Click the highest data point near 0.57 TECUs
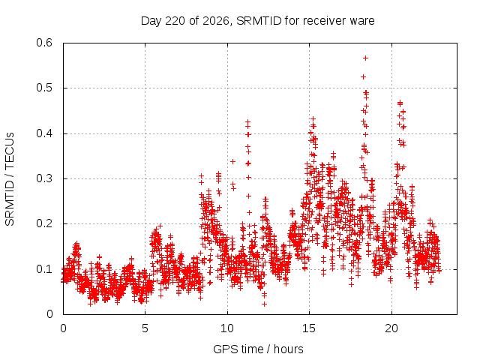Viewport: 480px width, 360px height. tap(365, 58)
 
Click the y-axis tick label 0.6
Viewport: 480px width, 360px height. tap(44, 43)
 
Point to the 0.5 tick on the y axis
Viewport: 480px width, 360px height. tap(44, 88)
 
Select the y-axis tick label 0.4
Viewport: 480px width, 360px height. tap(44, 133)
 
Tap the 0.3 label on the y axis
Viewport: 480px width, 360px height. tap(44, 178)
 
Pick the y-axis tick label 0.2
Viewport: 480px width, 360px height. tap(44, 223)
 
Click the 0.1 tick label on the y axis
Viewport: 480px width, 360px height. tap(44, 269)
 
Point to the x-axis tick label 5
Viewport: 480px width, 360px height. tap(145, 328)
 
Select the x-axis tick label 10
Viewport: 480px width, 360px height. tap(227, 328)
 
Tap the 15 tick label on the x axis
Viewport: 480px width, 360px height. tap(309, 328)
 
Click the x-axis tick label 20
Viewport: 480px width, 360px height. tap(391, 328)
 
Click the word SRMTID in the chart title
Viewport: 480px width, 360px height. tap(259, 21)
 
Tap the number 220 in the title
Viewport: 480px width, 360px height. tap(175, 21)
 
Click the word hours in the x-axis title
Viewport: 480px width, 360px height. tap(288, 349)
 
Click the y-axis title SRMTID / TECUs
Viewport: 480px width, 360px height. tap(10, 179)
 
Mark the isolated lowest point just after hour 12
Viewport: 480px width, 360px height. tap(264, 304)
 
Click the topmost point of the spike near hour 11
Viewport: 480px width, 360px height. tap(248, 121)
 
